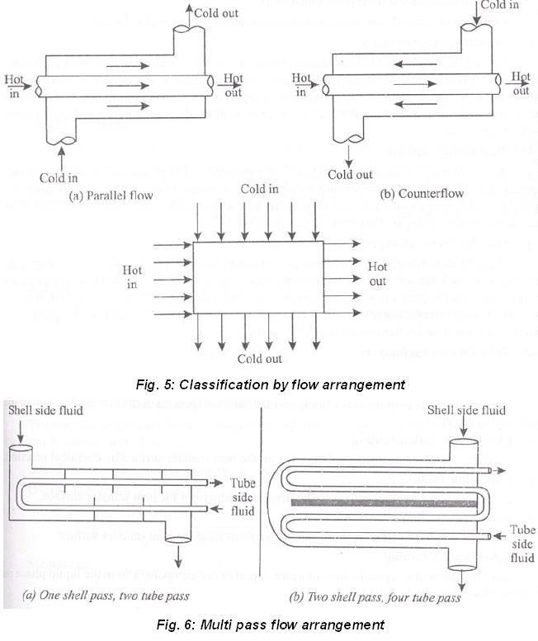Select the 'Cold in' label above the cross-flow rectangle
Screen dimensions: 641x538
coord(259,189)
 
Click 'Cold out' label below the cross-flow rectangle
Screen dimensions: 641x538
coord(260,359)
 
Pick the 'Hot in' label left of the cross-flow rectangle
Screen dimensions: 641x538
coord(132,277)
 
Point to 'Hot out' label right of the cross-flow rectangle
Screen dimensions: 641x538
coord(377,274)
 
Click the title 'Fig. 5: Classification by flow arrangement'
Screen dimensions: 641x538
coord(269,384)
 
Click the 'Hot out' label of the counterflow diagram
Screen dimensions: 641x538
coord(520,84)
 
